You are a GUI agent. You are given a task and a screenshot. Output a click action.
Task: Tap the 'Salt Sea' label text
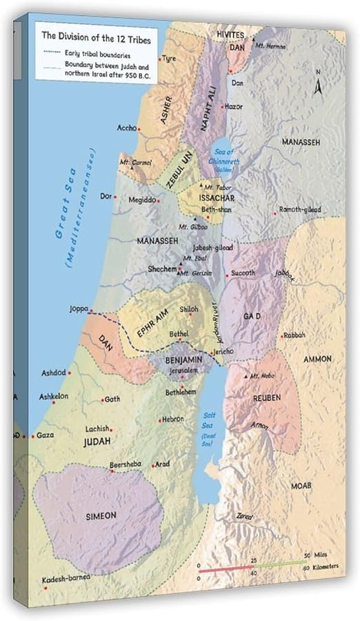[208, 416]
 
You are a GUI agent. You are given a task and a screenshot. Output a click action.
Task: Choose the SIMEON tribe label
[101, 515]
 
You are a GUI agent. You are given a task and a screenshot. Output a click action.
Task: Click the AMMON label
[317, 359]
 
